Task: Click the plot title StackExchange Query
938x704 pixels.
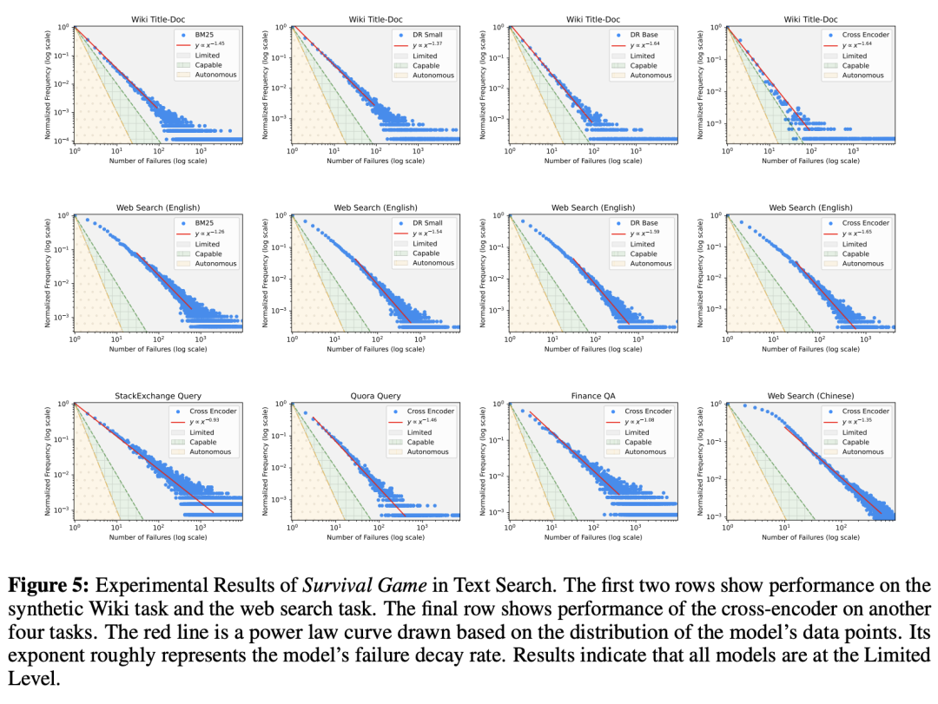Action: pos(158,396)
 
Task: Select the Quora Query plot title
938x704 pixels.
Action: pos(375,396)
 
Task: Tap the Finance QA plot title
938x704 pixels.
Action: pos(593,396)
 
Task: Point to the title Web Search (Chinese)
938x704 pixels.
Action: pos(810,396)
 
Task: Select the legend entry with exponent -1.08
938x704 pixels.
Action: pos(644,421)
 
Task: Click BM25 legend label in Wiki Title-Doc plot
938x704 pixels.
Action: pos(206,35)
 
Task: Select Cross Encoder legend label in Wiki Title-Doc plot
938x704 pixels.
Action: pos(866,35)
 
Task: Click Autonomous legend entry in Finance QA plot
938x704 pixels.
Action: pos(647,451)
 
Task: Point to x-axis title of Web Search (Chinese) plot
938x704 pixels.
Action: pos(810,537)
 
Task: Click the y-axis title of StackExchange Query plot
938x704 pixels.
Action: pos(48,459)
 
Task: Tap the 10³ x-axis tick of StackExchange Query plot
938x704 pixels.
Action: pos(201,527)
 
